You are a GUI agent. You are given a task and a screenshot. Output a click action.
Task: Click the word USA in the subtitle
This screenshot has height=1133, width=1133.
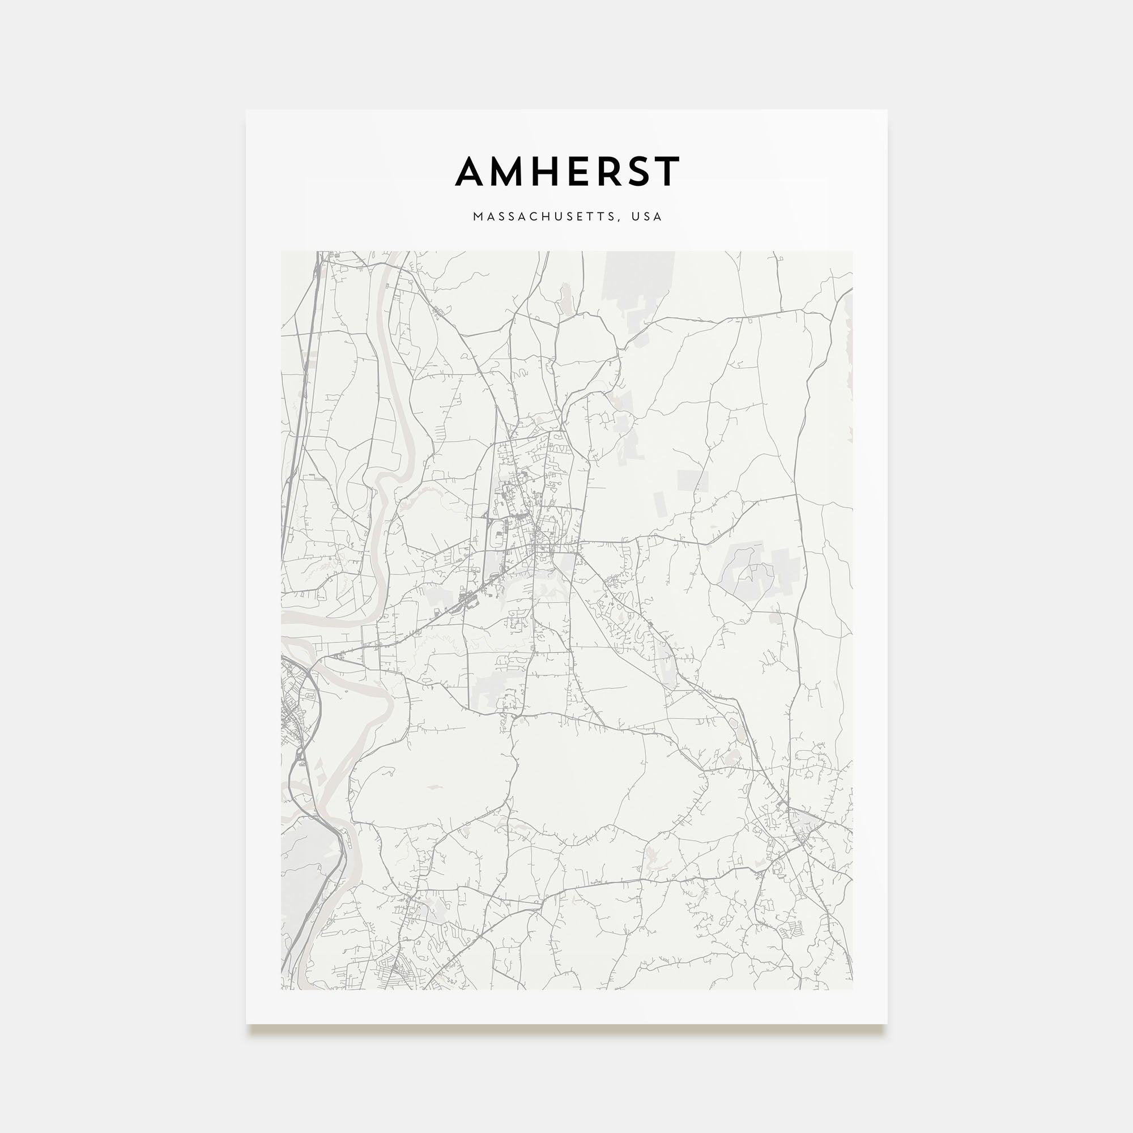coord(647,216)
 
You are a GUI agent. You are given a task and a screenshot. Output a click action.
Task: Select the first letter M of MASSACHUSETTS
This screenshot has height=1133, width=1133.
coord(478,216)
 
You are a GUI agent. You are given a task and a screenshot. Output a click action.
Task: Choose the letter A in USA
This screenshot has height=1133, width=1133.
coord(659,216)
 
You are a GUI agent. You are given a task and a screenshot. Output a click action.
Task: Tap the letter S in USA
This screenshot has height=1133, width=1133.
coord(647,216)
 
